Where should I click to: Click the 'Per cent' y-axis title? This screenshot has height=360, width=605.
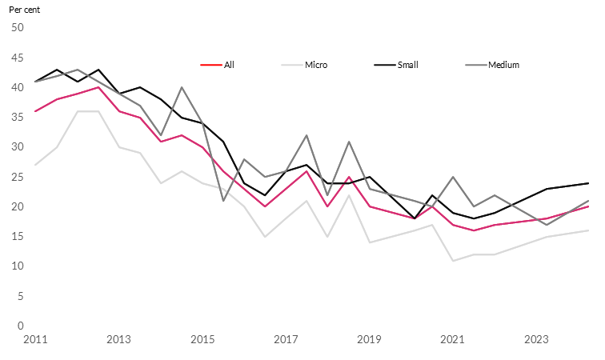(x=24, y=9)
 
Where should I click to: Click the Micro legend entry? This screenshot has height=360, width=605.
(x=315, y=65)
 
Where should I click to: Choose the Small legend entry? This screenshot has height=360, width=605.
(x=407, y=65)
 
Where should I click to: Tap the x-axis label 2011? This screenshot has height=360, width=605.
(x=36, y=340)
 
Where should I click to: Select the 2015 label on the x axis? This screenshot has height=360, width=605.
(x=203, y=340)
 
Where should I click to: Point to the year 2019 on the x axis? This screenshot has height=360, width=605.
(x=370, y=340)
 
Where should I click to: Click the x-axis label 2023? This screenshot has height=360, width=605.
(x=536, y=340)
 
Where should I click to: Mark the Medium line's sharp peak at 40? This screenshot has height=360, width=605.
(x=182, y=87)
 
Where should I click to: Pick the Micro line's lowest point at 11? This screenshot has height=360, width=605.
(x=453, y=261)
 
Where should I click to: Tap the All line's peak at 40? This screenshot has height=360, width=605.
(x=98, y=87)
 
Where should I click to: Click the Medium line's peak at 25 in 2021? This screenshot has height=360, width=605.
(x=453, y=177)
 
